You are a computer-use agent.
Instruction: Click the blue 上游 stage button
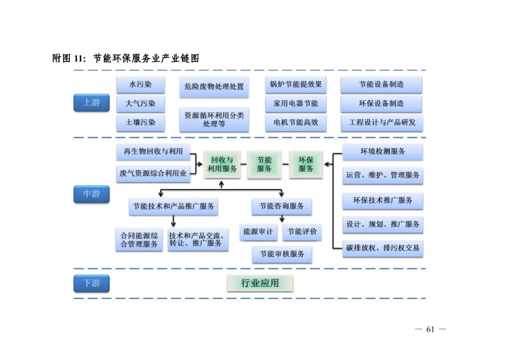[x=91, y=103]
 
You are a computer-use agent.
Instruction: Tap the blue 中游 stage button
[x=91, y=194]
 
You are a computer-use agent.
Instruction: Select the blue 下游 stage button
[x=91, y=283]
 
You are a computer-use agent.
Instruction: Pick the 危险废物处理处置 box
[x=214, y=87]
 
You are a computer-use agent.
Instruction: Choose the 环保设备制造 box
[x=381, y=103]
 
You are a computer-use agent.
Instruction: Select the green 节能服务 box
[x=264, y=165]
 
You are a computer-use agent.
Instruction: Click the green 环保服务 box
[x=306, y=165]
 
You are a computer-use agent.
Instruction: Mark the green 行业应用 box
[x=260, y=283]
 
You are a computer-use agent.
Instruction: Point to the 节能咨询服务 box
[x=282, y=206]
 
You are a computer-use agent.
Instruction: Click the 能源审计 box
[x=258, y=232]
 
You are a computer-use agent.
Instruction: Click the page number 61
[x=430, y=329]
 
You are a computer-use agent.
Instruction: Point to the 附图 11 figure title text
[x=125, y=59]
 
